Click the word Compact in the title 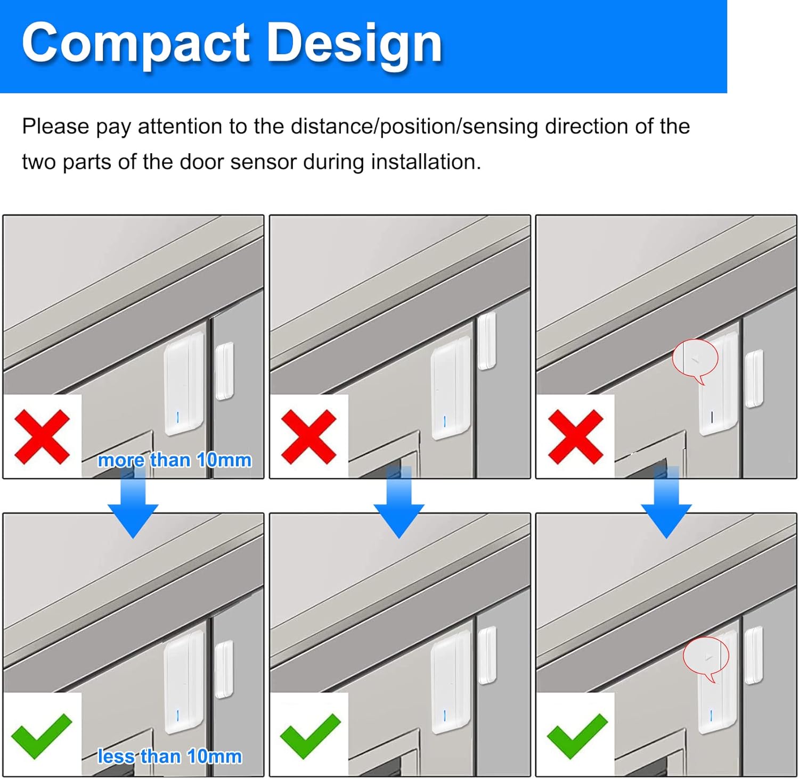pos(136,44)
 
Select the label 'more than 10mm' pos(175,460)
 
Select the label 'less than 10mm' pos(169,756)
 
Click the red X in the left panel pos(42,436)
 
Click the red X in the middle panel pos(308,436)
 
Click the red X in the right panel pos(575,436)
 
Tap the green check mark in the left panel pos(42,736)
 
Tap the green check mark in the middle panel pos(310,736)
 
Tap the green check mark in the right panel pos(577,736)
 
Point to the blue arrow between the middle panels pos(399,502)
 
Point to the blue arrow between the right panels pos(666,502)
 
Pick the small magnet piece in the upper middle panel pos(487,341)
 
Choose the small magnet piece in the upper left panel pos(224,371)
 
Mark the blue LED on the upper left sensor pos(177,417)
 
